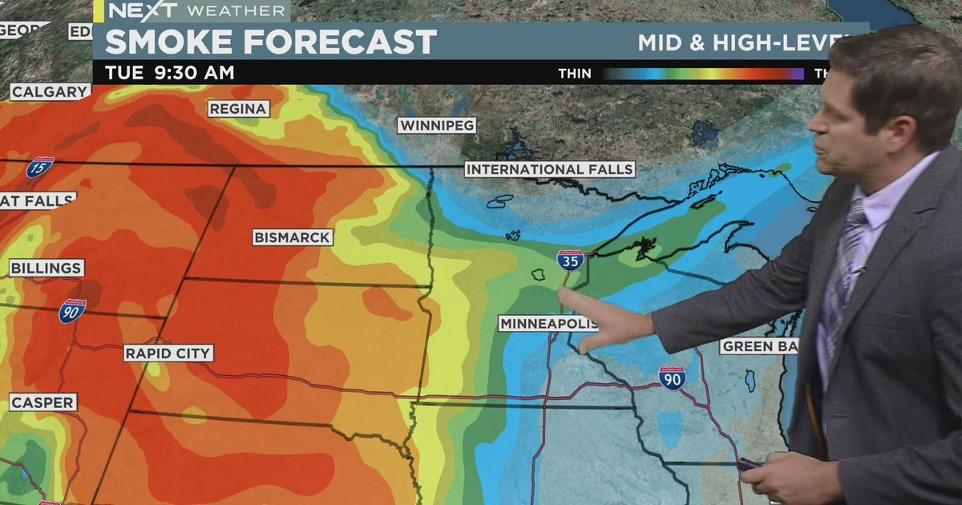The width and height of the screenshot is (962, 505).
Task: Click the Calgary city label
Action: pos(50,92)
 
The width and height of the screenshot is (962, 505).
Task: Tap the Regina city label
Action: pos(239,109)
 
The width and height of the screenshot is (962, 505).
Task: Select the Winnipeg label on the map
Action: pos(437,126)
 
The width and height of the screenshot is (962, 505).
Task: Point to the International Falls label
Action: pos(550,169)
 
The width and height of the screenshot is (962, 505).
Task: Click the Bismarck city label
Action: pos(293,237)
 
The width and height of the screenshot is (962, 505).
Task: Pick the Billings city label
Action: pos(46,268)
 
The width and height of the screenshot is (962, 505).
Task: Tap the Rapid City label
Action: pos(168,353)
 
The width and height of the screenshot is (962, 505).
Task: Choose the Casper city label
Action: pos(43,402)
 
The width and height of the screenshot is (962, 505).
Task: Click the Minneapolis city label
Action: pos(548,324)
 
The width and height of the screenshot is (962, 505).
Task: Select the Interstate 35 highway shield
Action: pos(570,260)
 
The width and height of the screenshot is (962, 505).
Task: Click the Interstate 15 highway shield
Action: pos(40,168)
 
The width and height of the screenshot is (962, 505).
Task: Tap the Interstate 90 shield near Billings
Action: pos(72,311)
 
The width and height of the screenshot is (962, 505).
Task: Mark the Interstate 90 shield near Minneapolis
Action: pos(672,378)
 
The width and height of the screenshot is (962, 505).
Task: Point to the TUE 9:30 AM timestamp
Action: pos(170,73)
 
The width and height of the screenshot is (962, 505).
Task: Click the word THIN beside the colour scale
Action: pos(575,74)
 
